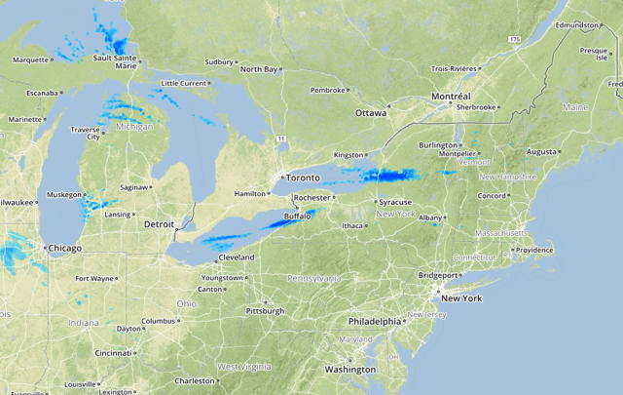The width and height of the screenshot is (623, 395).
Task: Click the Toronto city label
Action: click(x=304, y=179)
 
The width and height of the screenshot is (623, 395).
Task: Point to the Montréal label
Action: click(x=450, y=98)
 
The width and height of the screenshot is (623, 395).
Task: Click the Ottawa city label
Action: click(x=370, y=113)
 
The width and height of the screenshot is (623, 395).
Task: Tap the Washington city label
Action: click(x=350, y=370)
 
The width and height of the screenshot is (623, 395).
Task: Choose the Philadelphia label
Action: click(x=375, y=321)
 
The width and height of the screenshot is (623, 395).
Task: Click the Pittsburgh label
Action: click(x=265, y=312)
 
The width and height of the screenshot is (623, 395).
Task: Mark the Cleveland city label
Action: click(x=236, y=257)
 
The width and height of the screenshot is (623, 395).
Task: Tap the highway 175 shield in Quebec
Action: click(x=514, y=37)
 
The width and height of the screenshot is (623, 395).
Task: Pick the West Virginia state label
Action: click(x=242, y=366)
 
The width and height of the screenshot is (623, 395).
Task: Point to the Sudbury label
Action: click(x=219, y=61)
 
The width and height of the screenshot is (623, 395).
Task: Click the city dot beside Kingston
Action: click(x=365, y=154)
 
